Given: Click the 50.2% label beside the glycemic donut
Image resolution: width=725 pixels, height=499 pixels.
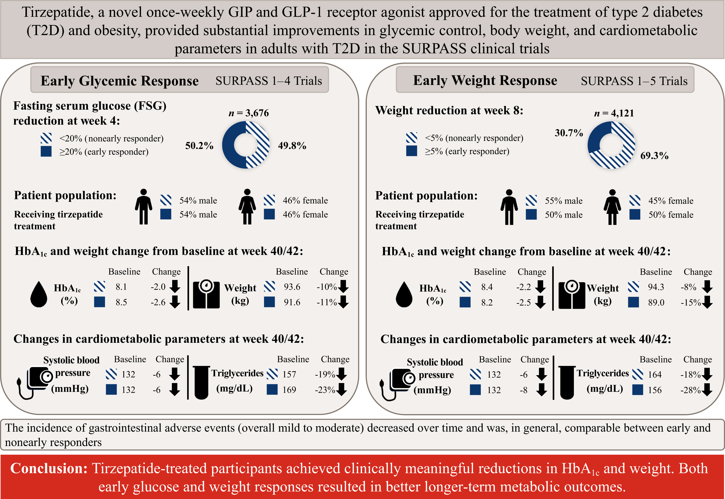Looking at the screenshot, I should (x=199, y=146).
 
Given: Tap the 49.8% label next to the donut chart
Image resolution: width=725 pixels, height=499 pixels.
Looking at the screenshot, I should (x=292, y=146).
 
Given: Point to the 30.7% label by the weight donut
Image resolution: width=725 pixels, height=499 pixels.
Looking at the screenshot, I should (x=569, y=133).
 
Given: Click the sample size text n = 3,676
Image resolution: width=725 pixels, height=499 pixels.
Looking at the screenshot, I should (x=249, y=113).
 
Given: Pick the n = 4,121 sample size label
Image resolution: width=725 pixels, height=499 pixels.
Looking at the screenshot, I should (x=614, y=113).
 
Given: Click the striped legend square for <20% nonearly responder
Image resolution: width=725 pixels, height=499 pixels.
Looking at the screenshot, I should (x=46, y=138).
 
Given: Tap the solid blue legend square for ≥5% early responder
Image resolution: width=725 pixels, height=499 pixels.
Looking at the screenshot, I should (x=411, y=151).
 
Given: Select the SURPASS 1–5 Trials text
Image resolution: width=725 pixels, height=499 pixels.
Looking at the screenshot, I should (x=634, y=81).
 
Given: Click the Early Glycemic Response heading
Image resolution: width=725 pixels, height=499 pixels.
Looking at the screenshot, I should (x=119, y=81).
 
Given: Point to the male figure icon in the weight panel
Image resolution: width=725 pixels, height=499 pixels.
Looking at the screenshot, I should (x=509, y=207).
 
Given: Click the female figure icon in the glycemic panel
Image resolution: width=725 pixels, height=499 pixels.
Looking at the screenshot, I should (x=247, y=207).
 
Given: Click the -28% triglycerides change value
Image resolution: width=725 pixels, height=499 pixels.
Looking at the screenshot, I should (x=690, y=390).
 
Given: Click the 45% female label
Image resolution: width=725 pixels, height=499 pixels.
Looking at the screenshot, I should (x=671, y=201).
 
